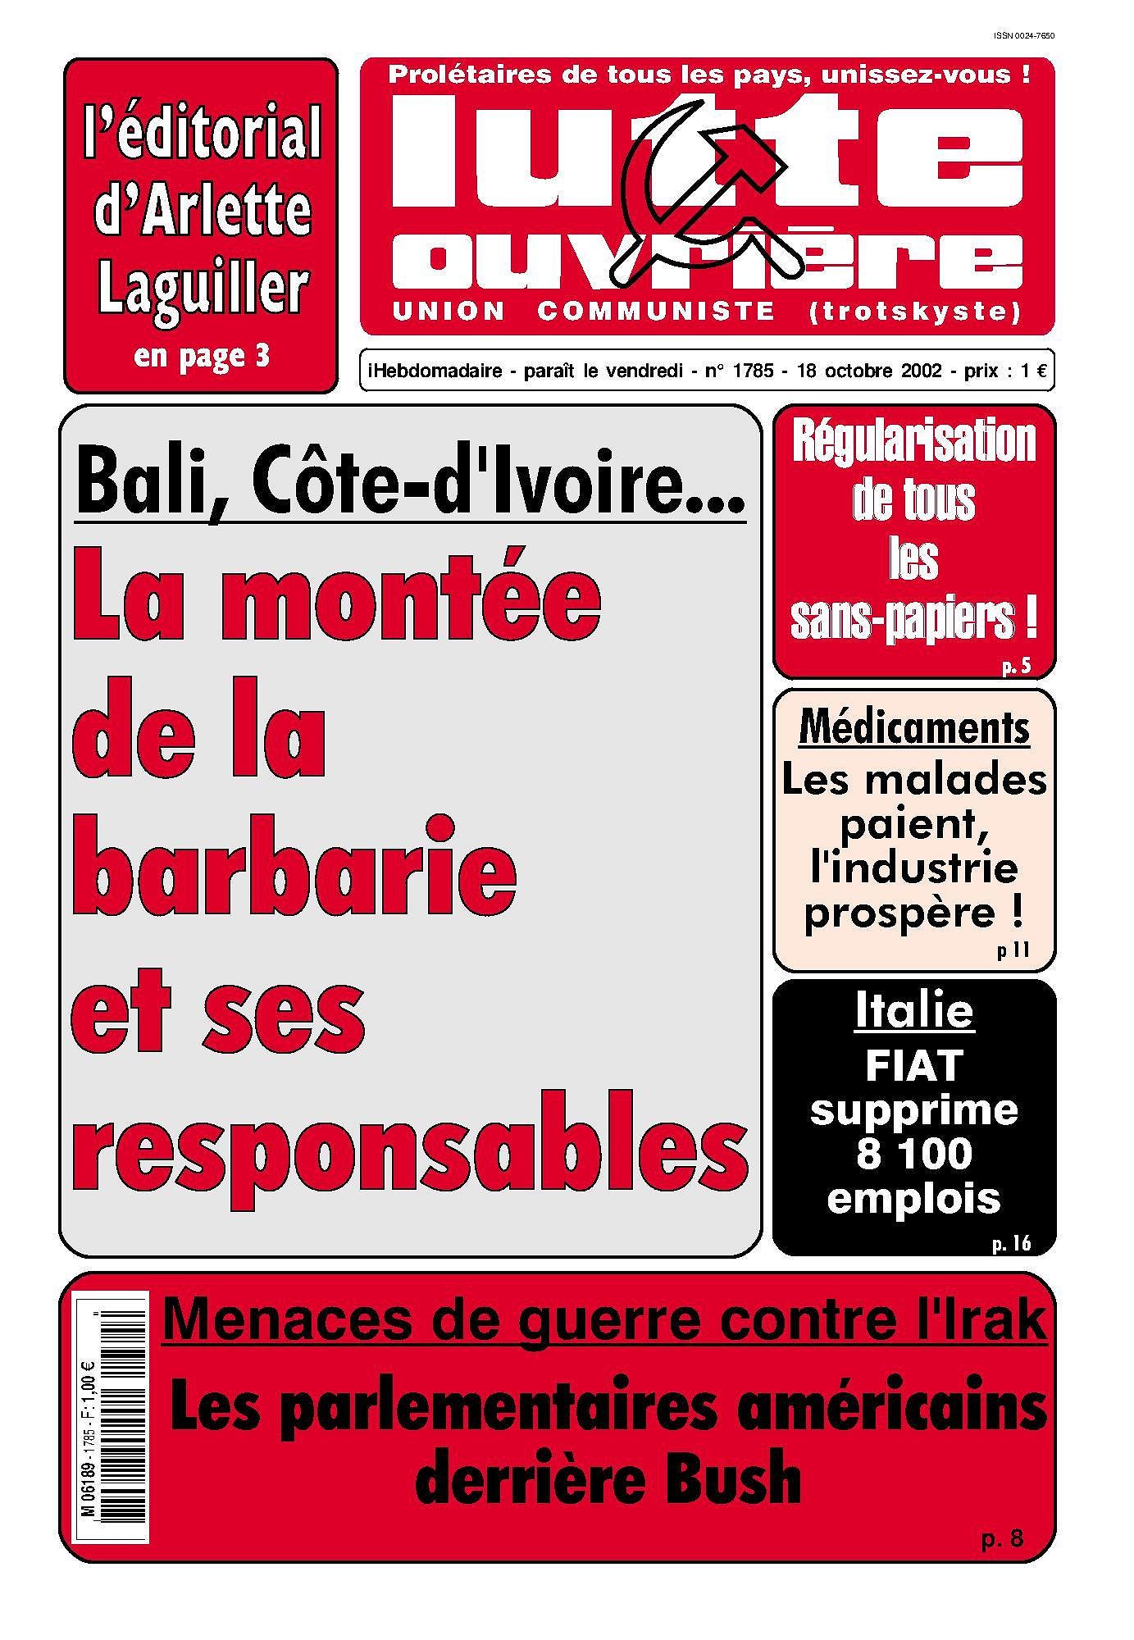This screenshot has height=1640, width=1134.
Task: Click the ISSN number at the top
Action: coord(1022,35)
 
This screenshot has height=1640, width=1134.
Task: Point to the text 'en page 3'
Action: coord(202,357)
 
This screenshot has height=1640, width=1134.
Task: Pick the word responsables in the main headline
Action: coord(409,1144)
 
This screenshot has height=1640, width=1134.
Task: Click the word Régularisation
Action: coord(913,443)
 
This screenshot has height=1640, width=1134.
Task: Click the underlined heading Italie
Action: coord(913,1012)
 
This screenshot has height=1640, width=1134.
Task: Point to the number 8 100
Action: coord(913,1154)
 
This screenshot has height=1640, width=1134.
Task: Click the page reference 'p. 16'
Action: coord(1010,1244)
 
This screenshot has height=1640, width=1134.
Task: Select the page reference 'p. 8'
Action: coord(1002,1539)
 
